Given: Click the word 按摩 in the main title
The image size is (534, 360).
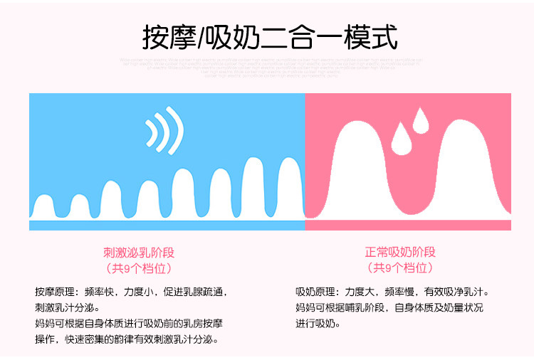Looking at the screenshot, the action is (x=169, y=37).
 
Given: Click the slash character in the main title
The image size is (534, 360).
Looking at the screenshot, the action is (x=200, y=37).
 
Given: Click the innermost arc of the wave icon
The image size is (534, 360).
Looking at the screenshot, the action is (x=152, y=131).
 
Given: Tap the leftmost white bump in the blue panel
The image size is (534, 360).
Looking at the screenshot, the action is (x=45, y=207).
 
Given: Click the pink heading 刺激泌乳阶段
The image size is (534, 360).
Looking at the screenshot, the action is (x=139, y=253).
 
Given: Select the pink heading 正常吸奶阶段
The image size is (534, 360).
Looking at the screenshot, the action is (x=400, y=253).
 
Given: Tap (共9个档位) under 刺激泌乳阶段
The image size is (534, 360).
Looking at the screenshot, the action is (x=139, y=268).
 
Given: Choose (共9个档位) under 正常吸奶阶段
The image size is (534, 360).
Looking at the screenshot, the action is (x=400, y=268).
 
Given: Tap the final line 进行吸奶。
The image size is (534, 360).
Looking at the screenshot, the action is (x=318, y=324).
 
